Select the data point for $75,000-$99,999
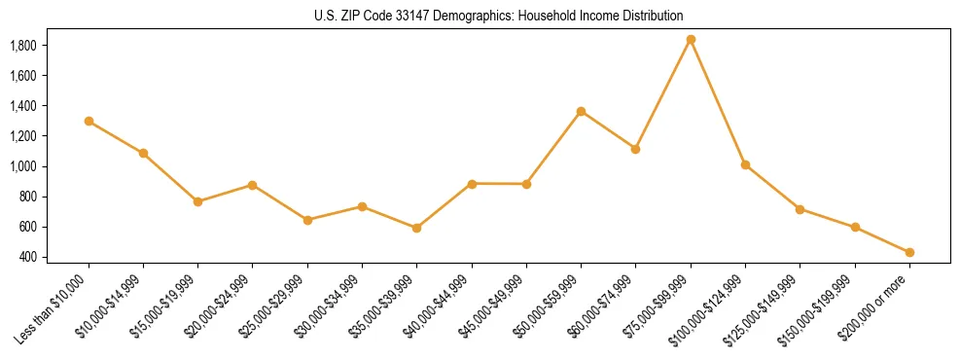[x=691, y=40]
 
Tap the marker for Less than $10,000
[x=89, y=122]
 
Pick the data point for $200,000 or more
[x=909, y=252]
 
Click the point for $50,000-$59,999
[x=581, y=111]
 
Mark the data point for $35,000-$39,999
[x=416, y=228]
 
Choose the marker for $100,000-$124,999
[x=745, y=165]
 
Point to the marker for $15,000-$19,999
[x=197, y=201]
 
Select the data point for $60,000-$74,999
[x=635, y=149]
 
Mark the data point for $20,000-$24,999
[x=252, y=185]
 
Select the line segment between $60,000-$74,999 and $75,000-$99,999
[x=663, y=94]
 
